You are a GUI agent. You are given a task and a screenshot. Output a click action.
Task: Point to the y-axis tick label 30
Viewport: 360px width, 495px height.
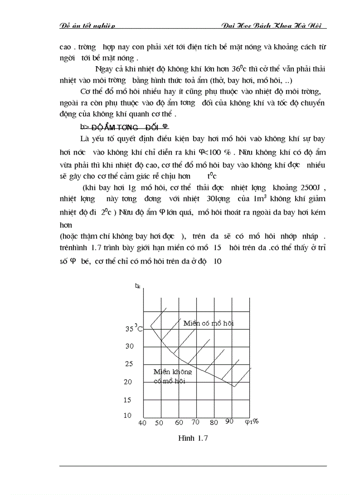pyautogui.click(x=129, y=346)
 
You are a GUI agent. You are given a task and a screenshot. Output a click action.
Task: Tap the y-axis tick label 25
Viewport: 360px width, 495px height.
pyautogui.click(x=129, y=364)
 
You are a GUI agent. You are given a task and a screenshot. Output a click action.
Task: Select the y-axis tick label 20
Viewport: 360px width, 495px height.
pyautogui.click(x=128, y=382)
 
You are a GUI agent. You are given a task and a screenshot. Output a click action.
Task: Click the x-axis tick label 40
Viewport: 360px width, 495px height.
pyautogui.click(x=142, y=423)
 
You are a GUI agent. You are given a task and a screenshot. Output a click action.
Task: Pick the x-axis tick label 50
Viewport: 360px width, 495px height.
pyautogui.click(x=159, y=423)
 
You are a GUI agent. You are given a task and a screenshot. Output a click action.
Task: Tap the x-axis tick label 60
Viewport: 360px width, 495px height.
pyautogui.click(x=179, y=422)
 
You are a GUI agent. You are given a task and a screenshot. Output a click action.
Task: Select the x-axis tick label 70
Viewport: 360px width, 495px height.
pyautogui.click(x=195, y=422)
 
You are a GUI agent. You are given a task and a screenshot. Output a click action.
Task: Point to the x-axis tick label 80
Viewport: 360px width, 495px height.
pyautogui.click(x=214, y=422)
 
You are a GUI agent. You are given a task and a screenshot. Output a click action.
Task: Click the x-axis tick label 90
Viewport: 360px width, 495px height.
pyautogui.click(x=229, y=421)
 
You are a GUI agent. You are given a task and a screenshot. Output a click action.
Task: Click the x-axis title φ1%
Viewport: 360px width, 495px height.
pyautogui.click(x=251, y=422)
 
